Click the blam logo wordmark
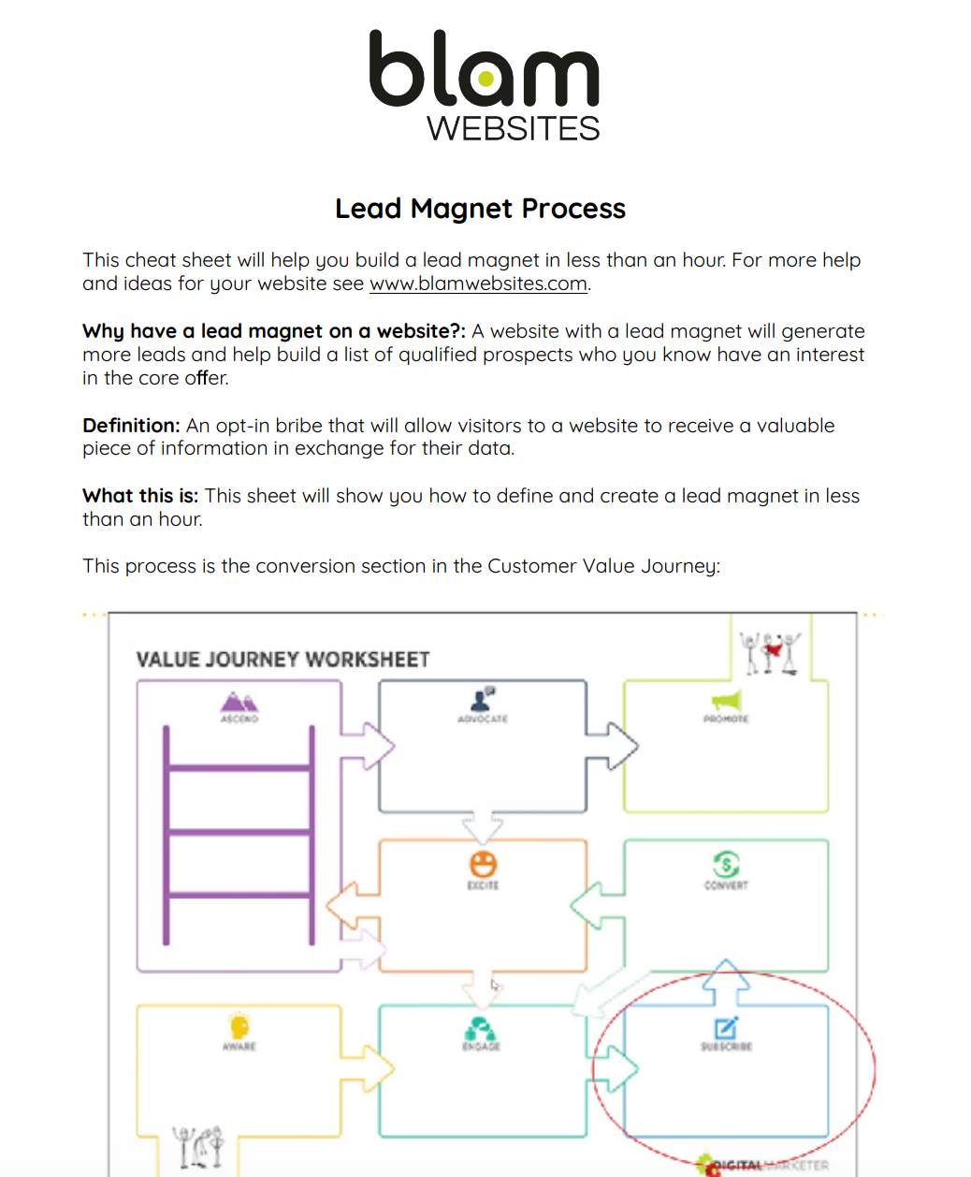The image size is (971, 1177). pos(484,70)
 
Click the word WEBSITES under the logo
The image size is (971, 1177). pos(513,129)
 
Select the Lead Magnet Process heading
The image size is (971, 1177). pos(480,209)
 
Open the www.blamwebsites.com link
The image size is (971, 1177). pos(478,284)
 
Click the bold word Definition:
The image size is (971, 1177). pos(131,426)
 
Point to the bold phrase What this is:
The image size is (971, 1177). pos(140,496)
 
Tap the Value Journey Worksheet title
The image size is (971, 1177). pos(283,660)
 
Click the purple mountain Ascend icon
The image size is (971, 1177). pos(239,702)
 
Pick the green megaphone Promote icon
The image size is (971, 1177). pos(726,701)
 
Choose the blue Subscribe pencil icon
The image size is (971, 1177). pos(726,1027)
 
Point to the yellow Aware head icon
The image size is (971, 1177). pos(239,1026)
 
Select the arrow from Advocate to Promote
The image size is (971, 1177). pos(613,746)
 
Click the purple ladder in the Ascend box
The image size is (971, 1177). pos(239,833)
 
